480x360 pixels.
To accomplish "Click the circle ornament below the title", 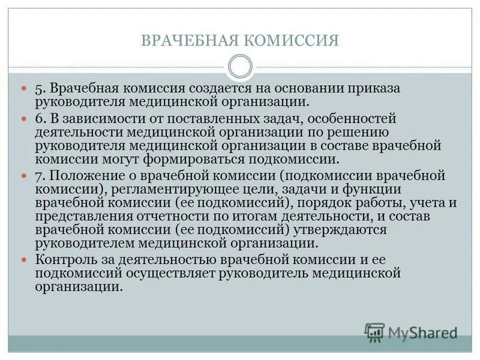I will click(x=240, y=66).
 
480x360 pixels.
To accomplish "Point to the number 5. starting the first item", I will click(x=41, y=89).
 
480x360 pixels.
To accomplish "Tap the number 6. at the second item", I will click(x=41, y=119).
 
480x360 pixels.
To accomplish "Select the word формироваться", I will click(x=192, y=159).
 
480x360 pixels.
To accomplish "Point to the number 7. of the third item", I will click(x=41, y=175).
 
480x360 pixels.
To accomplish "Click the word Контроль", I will click(x=67, y=260).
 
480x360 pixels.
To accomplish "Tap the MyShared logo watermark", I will click(x=411, y=332).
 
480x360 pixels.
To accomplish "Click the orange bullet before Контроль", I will click(x=25, y=260).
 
